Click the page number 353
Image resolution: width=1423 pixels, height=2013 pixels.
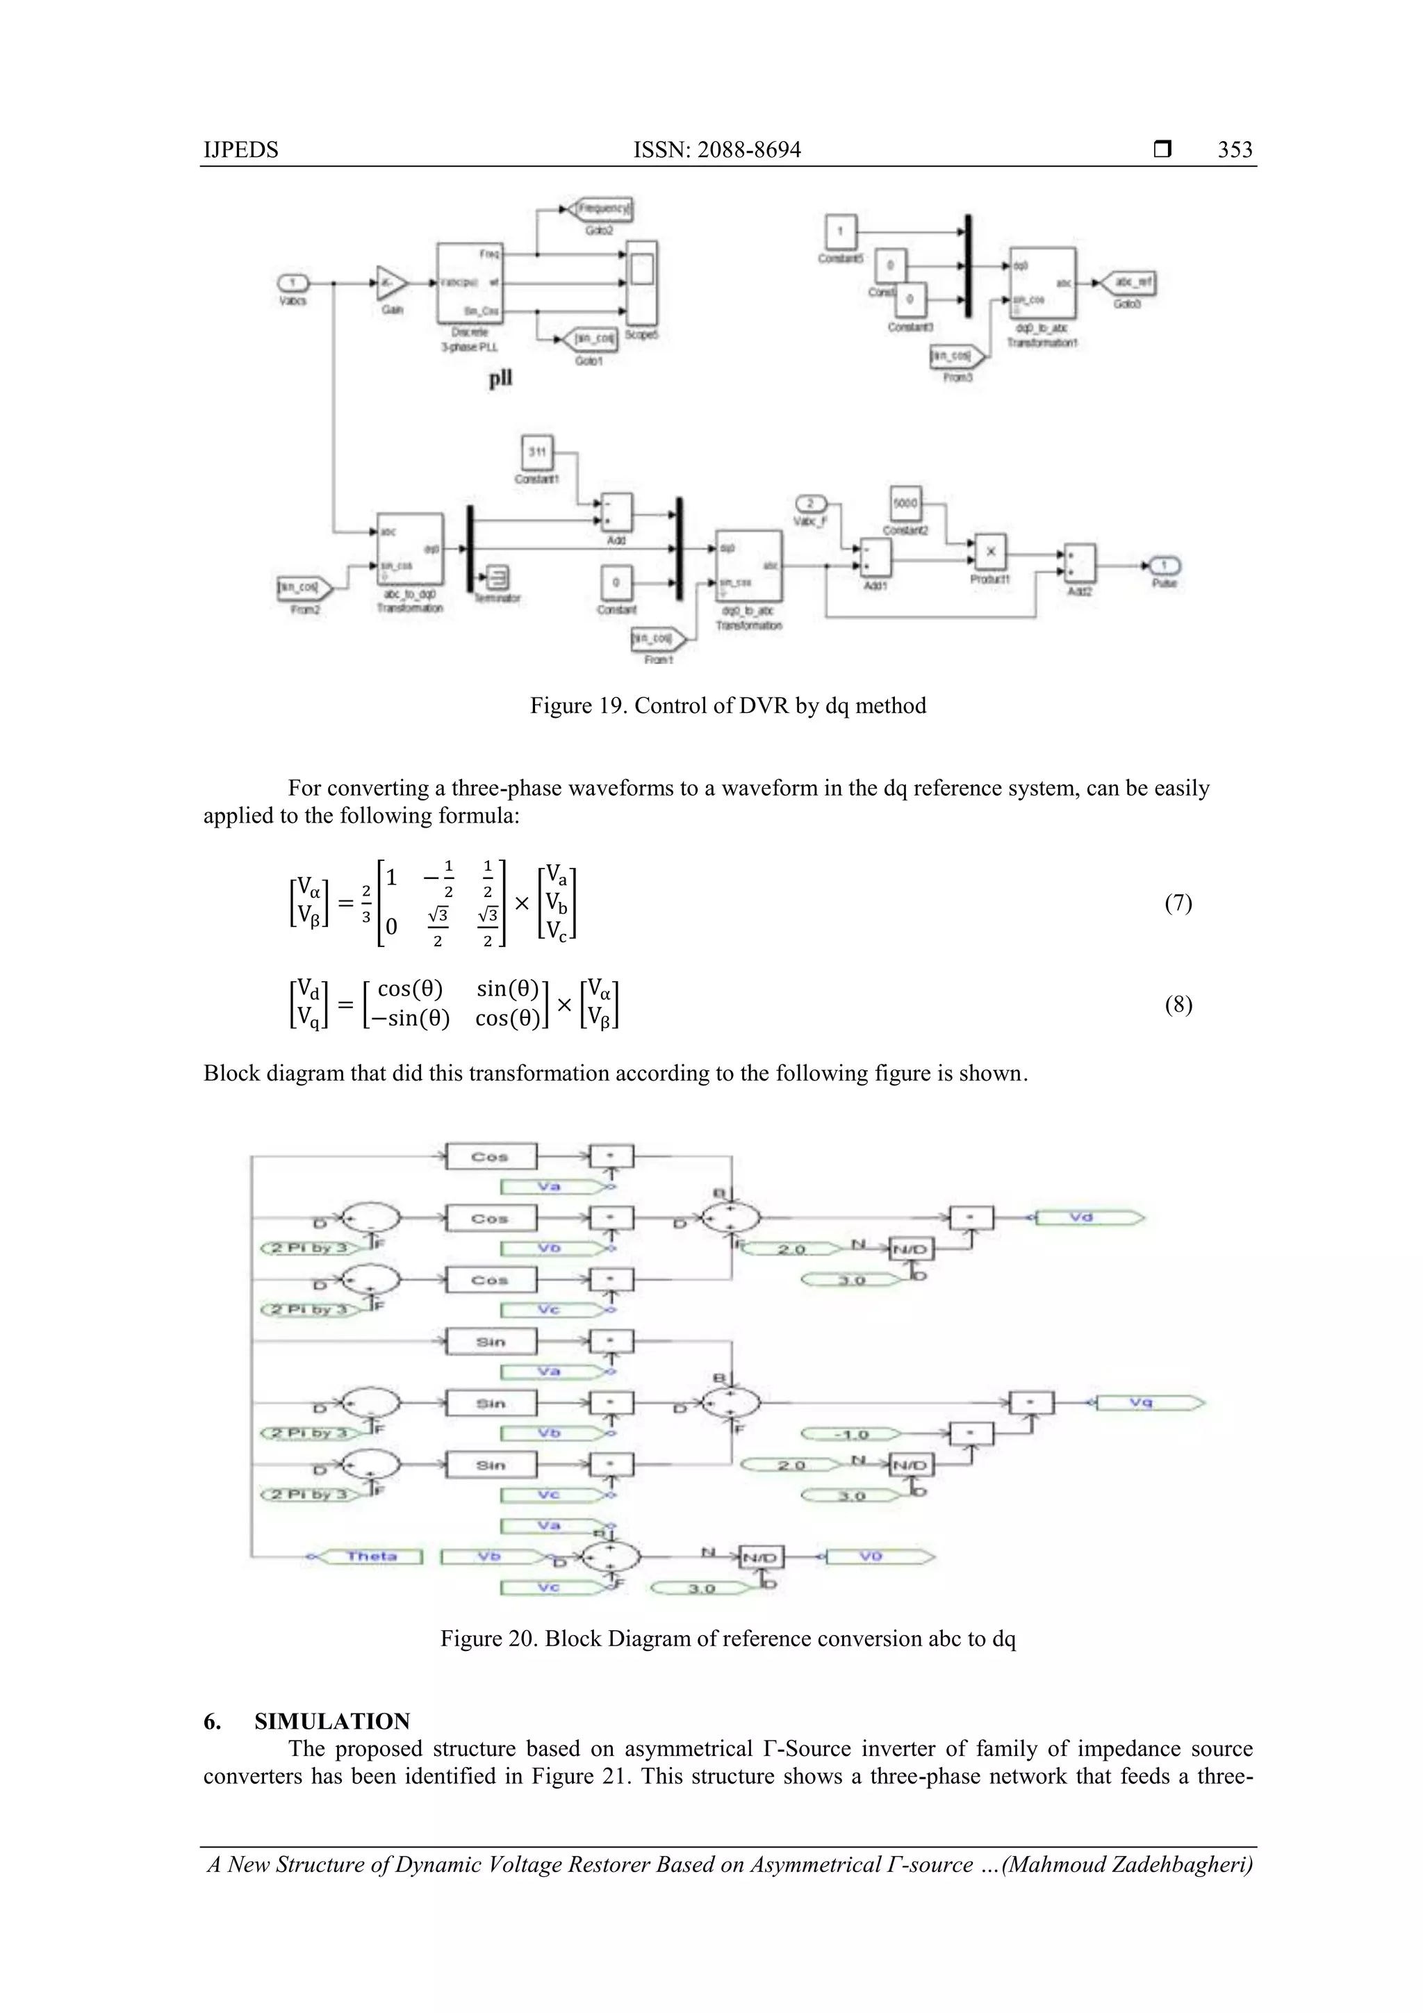[1235, 150]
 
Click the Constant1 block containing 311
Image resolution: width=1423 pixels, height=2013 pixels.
[536, 452]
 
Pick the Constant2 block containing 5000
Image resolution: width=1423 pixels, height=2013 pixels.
[905, 503]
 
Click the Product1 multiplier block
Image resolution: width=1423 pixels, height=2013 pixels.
[991, 552]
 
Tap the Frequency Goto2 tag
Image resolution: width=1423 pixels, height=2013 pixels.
[602, 208]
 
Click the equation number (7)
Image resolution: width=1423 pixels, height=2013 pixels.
[1178, 903]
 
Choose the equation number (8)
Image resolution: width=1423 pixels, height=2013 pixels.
[1178, 1004]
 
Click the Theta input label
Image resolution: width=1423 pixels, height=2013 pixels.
[371, 1556]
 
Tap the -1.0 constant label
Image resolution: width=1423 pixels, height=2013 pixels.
[850, 1434]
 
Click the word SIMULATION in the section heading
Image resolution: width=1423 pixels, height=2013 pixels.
[332, 1721]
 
